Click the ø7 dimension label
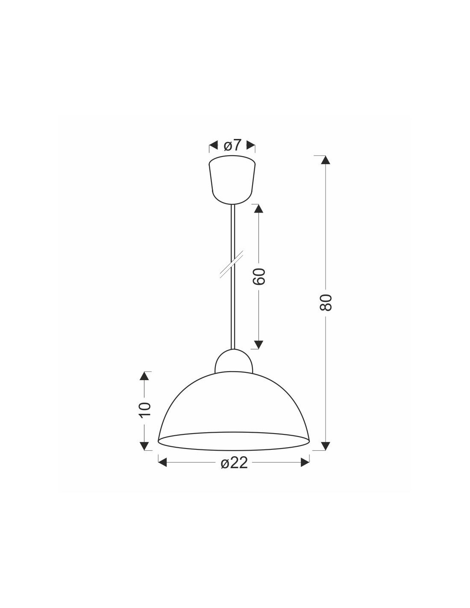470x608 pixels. (232, 145)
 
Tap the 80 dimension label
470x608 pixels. (326, 302)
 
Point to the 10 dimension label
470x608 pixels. (145, 410)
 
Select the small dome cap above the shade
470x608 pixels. (233, 361)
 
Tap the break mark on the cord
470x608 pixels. (232, 264)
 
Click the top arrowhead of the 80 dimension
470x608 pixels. (326, 160)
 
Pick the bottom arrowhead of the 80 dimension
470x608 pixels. (326, 446)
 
